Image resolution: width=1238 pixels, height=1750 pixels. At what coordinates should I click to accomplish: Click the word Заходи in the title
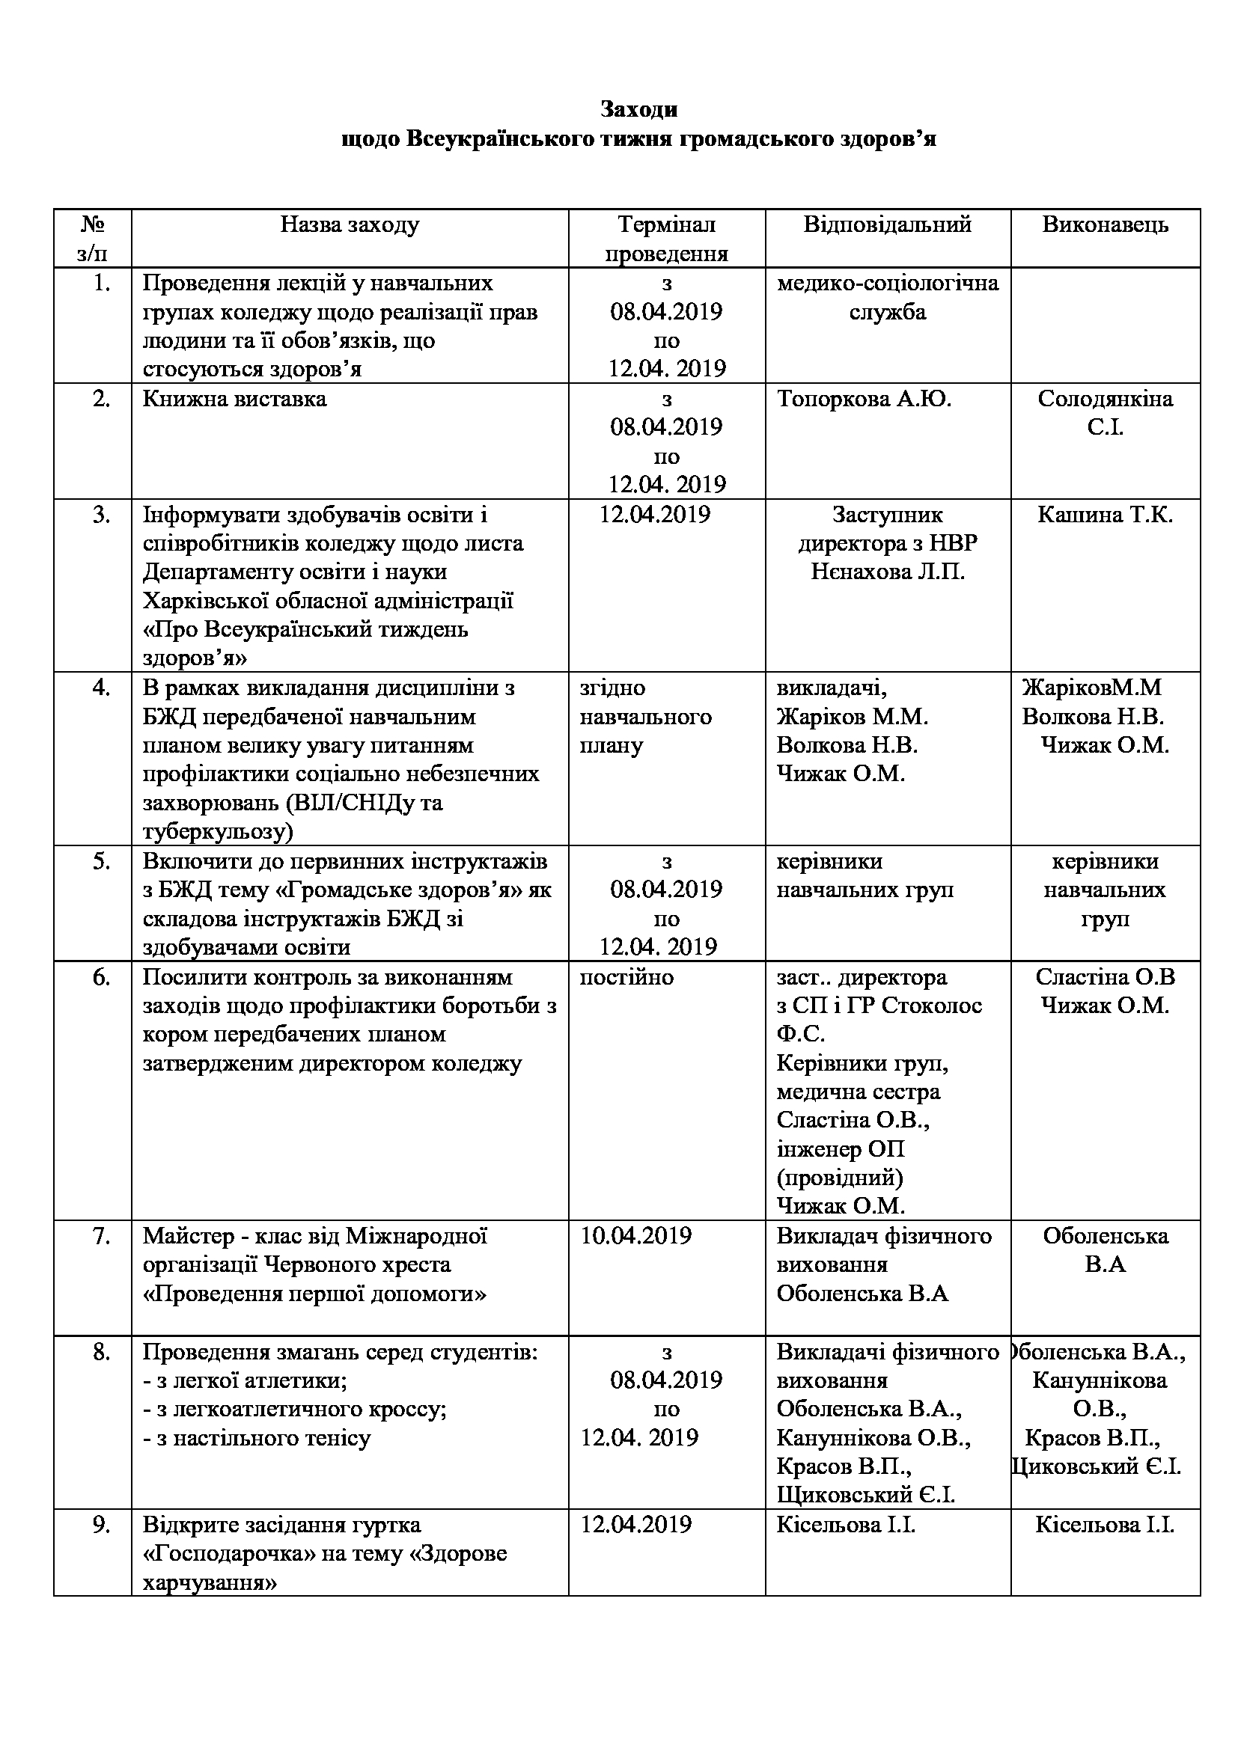pos(638,110)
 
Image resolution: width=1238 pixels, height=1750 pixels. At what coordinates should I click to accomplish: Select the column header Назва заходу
pos(349,225)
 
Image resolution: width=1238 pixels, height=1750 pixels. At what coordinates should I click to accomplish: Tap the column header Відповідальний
pos(888,225)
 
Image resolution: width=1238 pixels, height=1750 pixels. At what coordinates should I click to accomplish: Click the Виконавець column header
pos(1105,225)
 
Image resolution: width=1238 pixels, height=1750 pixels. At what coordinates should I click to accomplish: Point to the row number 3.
pos(101,515)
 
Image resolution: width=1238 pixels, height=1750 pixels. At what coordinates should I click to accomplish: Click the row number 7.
pos(101,1236)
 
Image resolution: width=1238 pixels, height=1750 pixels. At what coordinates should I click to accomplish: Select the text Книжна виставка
pos(234,400)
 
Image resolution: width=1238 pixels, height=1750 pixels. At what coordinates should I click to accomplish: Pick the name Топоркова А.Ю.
pos(864,400)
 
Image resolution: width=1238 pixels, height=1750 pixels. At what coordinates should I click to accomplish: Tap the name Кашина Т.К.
pos(1105,515)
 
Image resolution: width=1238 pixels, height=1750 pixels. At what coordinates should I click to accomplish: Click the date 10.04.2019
pos(635,1236)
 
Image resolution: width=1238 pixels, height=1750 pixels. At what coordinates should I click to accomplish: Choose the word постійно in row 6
pos(626,977)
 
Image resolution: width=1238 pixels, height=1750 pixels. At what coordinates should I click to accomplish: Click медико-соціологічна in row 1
pos(888,284)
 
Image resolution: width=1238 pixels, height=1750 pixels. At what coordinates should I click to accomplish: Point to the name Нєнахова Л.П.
pos(888,572)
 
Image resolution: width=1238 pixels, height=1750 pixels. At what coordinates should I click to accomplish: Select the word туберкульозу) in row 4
pos(218,831)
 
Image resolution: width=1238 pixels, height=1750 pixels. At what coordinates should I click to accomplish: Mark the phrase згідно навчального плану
pos(645,717)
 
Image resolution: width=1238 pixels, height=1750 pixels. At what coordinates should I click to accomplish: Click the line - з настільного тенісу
pos(257,1439)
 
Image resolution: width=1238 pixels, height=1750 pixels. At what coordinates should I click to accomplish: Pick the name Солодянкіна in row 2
pos(1105,400)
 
